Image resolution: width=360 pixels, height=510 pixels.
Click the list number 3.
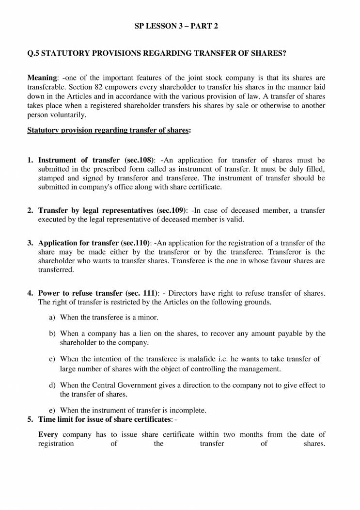30,243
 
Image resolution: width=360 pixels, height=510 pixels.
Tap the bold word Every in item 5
48,434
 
